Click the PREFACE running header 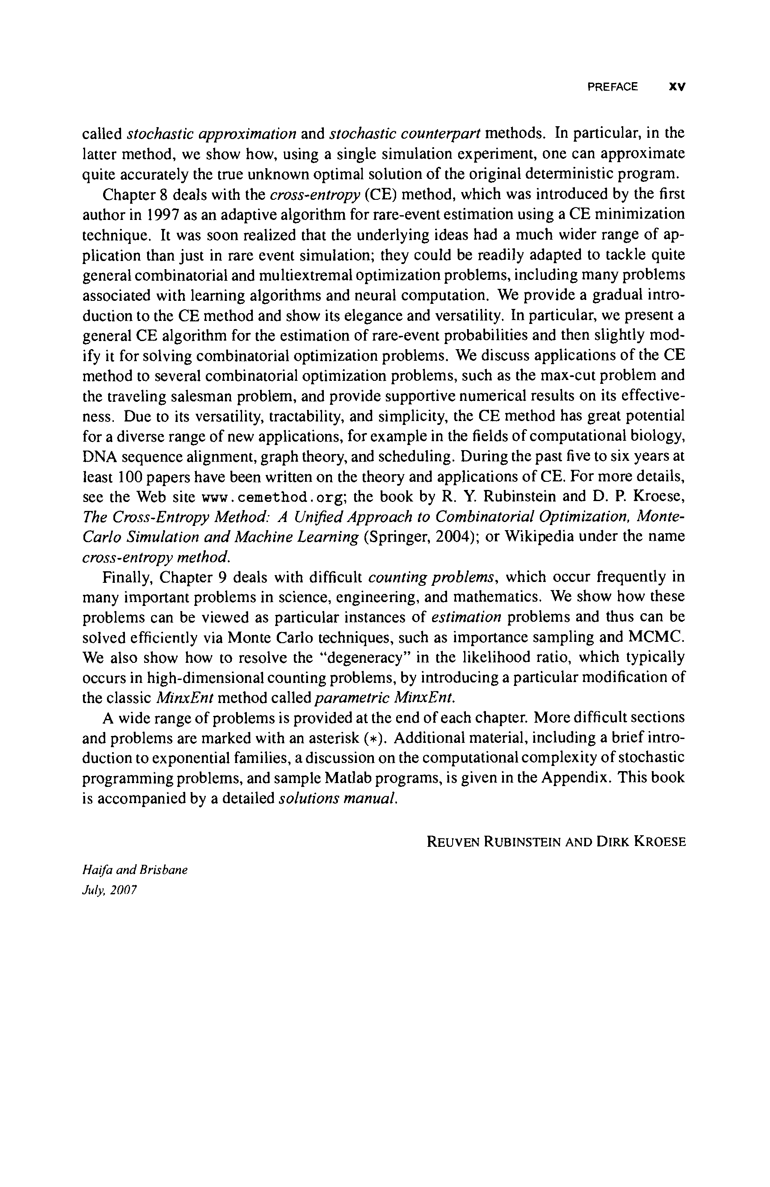pos(612,87)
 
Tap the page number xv pos(677,87)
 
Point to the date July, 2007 pos(109,890)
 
